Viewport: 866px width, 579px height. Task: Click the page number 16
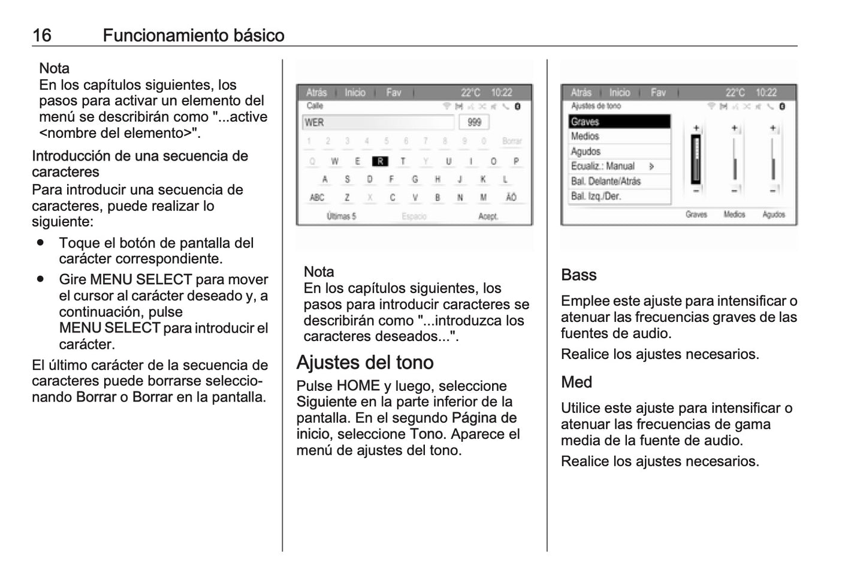click(41, 35)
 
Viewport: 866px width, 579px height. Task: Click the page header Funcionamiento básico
click(193, 35)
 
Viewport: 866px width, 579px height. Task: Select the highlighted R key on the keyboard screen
click(380, 161)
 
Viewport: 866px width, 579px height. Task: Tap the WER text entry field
click(378, 122)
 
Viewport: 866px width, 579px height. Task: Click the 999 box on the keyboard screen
click(474, 122)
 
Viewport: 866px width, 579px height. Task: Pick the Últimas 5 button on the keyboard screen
click(341, 216)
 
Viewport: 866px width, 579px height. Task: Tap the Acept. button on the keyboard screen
click(488, 216)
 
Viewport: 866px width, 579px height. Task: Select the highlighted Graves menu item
click(618, 122)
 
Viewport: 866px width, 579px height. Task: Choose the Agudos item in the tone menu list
click(618, 152)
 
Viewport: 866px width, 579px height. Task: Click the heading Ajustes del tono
click(364, 363)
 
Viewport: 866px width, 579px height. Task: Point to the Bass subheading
click(578, 275)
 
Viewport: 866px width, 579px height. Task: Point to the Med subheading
click(576, 382)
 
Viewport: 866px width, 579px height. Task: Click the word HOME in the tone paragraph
click(358, 386)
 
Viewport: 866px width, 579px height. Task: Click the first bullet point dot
click(41, 243)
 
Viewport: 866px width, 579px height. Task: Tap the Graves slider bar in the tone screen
click(696, 159)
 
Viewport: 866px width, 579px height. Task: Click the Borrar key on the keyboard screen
click(511, 141)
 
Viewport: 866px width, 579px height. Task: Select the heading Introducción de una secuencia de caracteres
click(140, 164)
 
